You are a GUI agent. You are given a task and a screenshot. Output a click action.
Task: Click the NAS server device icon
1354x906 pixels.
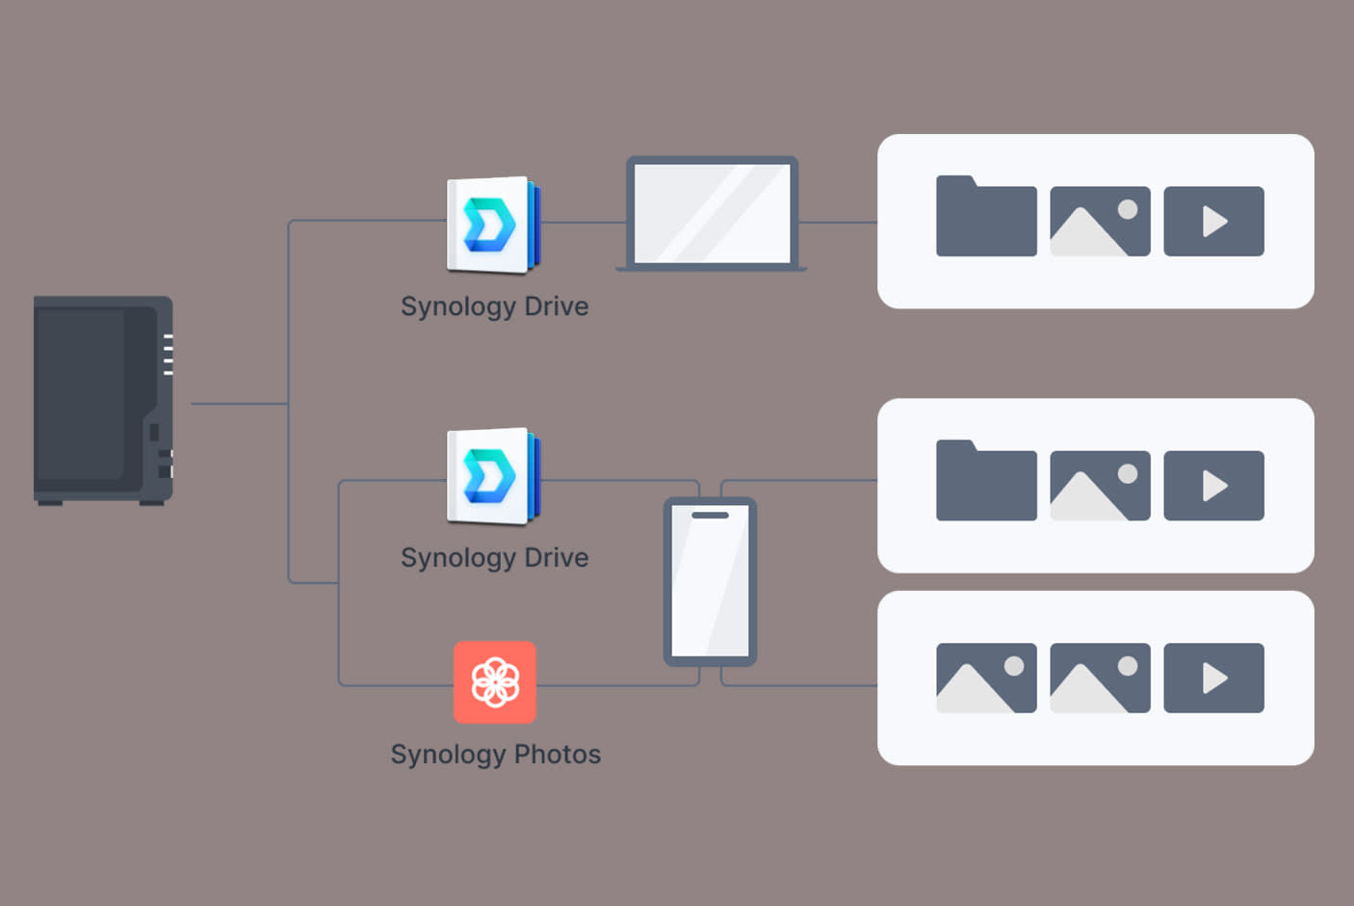pyautogui.click(x=103, y=400)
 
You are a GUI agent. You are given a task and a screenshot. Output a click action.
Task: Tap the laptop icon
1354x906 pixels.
pyautogui.click(x=712, y=214)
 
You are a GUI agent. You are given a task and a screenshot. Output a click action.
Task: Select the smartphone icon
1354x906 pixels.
pyautogui.click(x=710, y=582)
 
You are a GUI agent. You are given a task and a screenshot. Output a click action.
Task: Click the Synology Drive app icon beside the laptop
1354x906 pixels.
pyautogui.click(x=493, y=225)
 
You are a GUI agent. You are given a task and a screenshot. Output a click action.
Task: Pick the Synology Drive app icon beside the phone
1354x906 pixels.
pyautogui.click(x=493, y=476)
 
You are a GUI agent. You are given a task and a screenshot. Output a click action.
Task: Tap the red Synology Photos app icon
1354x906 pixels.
pyautogui.click(x=495, y=682)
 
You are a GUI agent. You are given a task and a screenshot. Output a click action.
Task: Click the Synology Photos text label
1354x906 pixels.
pyautogui.click(x=495, y=754)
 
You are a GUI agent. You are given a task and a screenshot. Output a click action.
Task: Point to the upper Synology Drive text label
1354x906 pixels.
pyautogui.click(x=494, y=306)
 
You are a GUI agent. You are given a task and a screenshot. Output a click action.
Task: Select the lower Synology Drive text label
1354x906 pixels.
pyautogui.click(x=494, y=558)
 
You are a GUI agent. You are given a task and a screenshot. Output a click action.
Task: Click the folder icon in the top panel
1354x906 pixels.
pyautogui.click(x=986, y=217)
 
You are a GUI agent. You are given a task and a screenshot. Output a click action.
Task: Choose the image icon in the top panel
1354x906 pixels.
pyautogui.click(x=1100, y=222)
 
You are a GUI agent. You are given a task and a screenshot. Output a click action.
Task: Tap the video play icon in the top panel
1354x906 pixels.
pyautogui.click(x=1213, y=222)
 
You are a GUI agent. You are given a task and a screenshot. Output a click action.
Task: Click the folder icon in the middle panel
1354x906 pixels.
pyautogui.click(x=986, y=482)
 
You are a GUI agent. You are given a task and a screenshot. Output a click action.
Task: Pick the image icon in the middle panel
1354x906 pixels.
pyautogui.click(x=1100, y=486)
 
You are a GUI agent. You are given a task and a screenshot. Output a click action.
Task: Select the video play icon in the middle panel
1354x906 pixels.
pyautogui.click(x=1213, y=486)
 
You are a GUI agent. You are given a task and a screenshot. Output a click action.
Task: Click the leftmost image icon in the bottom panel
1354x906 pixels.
pyautogui.click(x=986, y=679)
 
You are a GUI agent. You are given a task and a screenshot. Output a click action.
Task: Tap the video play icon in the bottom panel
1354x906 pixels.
pyautogui.click(x=1213, y=679)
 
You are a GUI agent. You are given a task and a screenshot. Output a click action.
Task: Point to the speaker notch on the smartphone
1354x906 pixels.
pyautogui.click(x=710, y=515)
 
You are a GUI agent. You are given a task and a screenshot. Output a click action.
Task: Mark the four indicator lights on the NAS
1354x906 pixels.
pyautogui.click(x=169, y=354)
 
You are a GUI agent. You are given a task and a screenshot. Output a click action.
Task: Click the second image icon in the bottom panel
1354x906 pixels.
pyautogui.click(x=1100, y=679)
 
